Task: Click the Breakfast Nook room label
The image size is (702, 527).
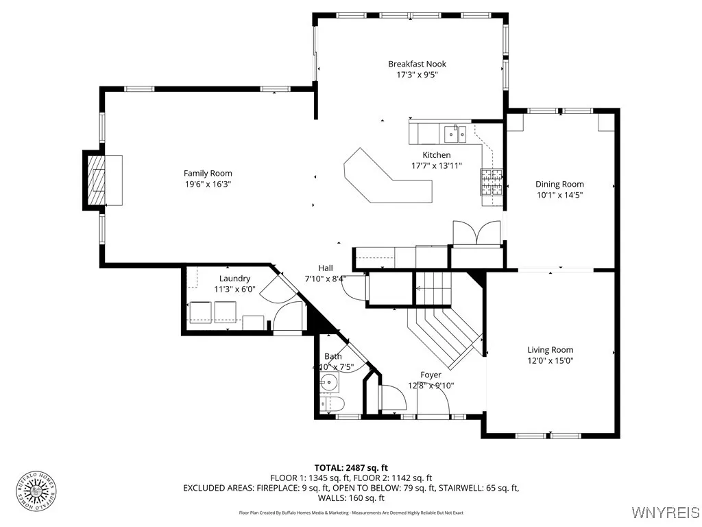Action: (x=417, y=64)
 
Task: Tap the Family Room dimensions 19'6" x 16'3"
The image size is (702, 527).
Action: (x=207, y=184)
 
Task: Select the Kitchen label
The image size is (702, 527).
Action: (x=436, y=155)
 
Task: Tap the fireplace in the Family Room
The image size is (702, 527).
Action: (x=96, y=179)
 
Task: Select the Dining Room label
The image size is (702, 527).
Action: (x=559, y=184)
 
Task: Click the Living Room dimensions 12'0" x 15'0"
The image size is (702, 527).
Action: (x=550, y=360)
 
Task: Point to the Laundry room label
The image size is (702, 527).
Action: (x=234, y=279)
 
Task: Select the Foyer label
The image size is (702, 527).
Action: (x=431, y=375)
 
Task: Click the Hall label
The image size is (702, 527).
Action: (x=326, y=268)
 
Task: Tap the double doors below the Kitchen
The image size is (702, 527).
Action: (x=477, y=233)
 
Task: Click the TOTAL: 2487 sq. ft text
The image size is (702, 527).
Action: (x=351, y=467)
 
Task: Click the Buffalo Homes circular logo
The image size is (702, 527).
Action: (x=36, y=491)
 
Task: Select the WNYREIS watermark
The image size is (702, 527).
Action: (x=664, y=513)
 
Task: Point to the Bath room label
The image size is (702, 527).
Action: (x=333, y=356)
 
